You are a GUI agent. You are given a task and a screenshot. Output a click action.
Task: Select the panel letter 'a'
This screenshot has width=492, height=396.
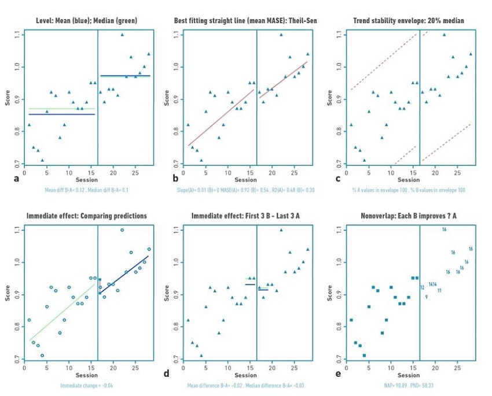(x=16, y=179)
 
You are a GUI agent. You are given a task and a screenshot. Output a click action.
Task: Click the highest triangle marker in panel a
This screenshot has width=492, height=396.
(x=122, y=35)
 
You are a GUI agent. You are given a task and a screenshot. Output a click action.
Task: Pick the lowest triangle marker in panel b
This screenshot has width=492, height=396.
(x=201, y=160)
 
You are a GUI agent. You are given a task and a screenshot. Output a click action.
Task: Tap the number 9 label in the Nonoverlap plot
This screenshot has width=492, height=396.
(x=426, y=297)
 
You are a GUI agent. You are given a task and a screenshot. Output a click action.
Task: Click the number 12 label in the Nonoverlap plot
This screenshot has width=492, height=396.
(x=423, y=287)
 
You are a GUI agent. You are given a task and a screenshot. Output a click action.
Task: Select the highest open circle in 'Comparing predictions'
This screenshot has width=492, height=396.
(x=122, y=230)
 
